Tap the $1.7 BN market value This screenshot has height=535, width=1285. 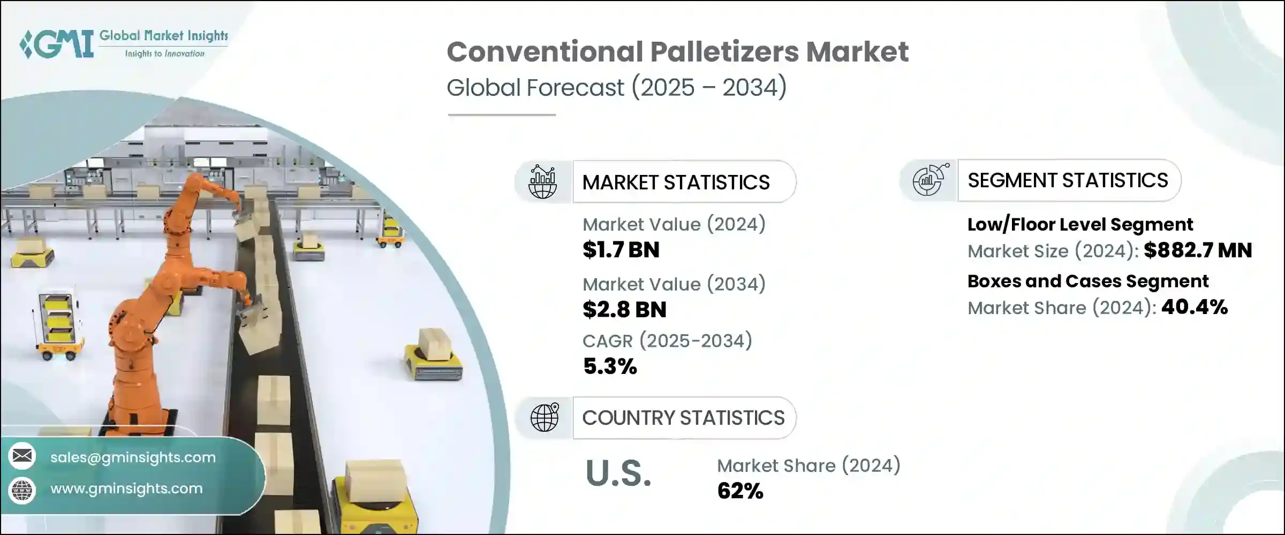point(621,250)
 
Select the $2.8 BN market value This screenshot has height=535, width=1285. point(624,310)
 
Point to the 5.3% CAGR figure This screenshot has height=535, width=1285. point(610,366)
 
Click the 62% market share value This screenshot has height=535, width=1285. point(740,491)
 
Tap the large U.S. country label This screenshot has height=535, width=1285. point(618,473)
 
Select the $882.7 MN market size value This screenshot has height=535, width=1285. point(1198,250)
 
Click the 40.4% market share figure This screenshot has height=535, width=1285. point(1195,307)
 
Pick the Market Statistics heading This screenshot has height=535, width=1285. point(676,182)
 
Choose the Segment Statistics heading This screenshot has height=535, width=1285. point(1068,180)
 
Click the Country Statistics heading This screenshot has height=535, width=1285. point(683,418)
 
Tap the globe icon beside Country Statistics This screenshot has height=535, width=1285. point(544,418)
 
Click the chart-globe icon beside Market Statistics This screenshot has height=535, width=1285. point(542,182)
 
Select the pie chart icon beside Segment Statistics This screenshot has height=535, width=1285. point(930,180)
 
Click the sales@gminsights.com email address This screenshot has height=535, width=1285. point(133,457)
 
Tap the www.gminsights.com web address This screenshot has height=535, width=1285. point(126,488)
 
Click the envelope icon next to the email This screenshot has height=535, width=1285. point(22,456)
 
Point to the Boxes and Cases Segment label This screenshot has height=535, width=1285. point(1088,281)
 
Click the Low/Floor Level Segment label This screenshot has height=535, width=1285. point(1080,225)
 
